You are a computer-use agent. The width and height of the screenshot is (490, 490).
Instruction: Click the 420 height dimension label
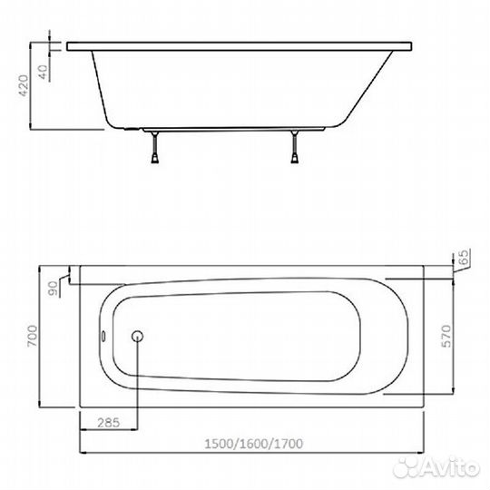(x=24, y=85)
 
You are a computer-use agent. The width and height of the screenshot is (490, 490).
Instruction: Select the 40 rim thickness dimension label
(x=44, y=72)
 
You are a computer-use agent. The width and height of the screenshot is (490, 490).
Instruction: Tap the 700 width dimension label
(x=32, y=336)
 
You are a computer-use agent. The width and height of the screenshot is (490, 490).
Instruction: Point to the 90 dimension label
(x=54, y=289)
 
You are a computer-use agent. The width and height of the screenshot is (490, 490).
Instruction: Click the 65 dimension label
(x=465, y=257)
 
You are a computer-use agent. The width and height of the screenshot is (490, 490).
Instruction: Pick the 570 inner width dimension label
(x=446, y=336)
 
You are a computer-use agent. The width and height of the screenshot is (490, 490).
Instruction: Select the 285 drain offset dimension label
(x=109, y=423)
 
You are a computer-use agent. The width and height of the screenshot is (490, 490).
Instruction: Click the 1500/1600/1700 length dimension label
(x=253, y=444)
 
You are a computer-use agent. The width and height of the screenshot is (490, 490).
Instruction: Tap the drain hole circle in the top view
(x=137, y=336)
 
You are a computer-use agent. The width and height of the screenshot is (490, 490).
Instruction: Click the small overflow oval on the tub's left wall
(x=103, y=337)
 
